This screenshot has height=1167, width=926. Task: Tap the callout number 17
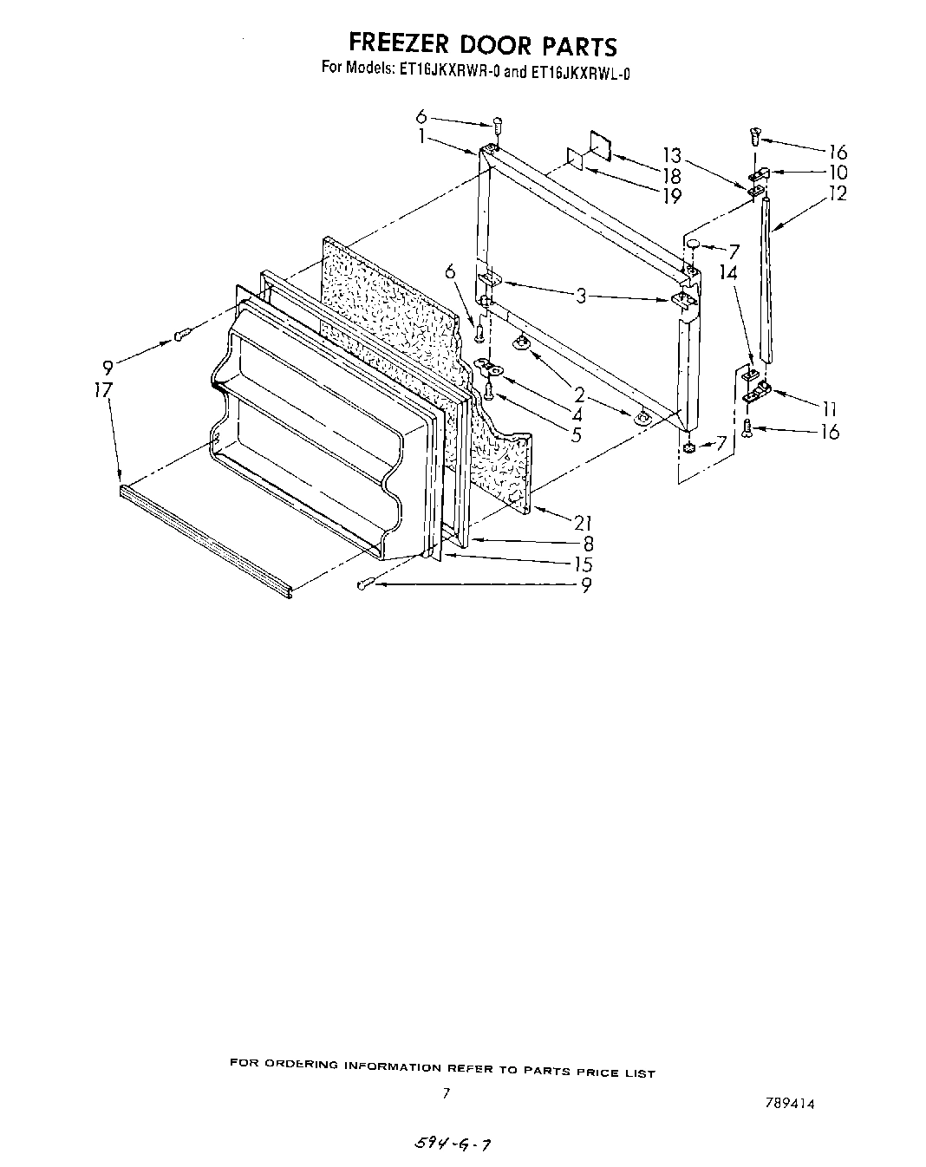click(103, 390)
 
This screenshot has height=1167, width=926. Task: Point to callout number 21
click(583, 522)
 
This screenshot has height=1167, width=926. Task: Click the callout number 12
click(837, 194)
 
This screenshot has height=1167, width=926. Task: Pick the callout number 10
click(838, 173)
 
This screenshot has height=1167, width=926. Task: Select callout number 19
click(671, 196)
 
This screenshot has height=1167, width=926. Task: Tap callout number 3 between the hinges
click(581, 297)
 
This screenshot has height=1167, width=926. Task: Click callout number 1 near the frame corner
click(422, 136)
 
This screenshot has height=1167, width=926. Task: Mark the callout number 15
click(583, 564)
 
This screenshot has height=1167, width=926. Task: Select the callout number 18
click(671, 176)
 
